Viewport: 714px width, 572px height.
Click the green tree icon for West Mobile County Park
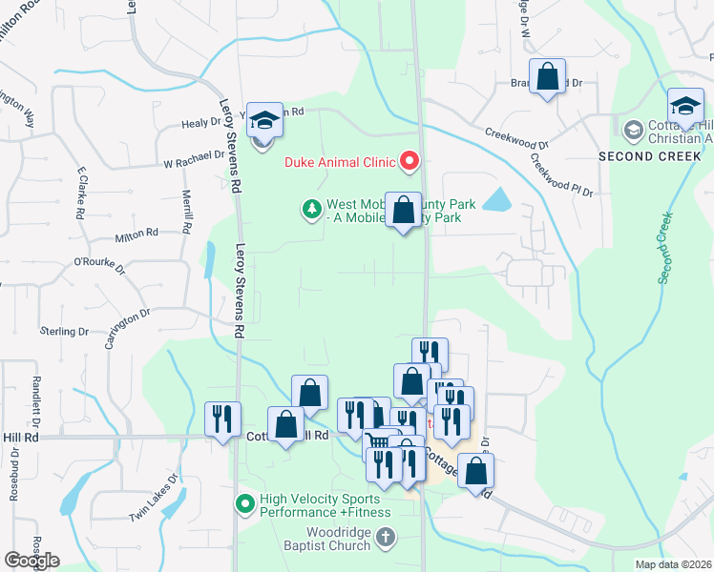point(311,209)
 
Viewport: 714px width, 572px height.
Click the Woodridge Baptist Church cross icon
point(385,539)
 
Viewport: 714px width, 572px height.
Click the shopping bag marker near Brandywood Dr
point(548,77)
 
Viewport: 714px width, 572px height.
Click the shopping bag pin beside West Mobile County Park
point(404,210)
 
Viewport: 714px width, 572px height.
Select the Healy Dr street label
point(201,124)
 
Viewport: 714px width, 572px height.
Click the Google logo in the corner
point(31,561)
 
